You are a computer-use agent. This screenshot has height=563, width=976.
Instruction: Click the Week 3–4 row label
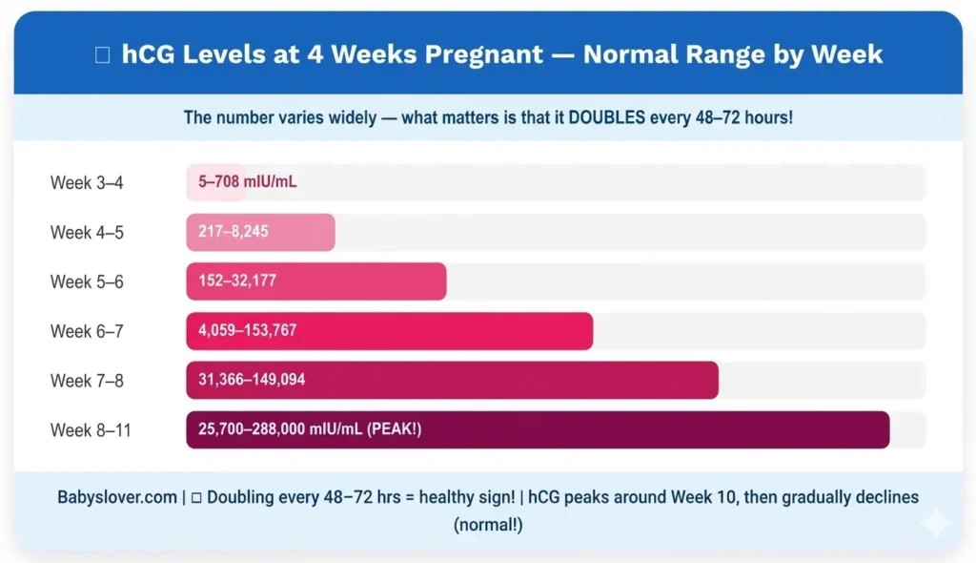87,182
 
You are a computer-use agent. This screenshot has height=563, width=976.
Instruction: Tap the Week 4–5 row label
87,232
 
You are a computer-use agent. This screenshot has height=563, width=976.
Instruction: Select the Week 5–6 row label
87,281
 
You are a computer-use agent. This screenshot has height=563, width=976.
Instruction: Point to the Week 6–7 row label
87,331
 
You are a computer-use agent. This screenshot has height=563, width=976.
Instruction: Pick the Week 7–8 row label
87,381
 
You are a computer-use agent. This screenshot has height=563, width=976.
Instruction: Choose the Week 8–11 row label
91,430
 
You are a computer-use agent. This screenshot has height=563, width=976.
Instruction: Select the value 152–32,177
237,281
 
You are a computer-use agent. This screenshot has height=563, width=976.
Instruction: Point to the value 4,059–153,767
247,331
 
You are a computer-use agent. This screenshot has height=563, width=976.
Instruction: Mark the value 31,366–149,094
252,381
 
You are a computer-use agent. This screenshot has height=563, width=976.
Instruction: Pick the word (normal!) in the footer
487,525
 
